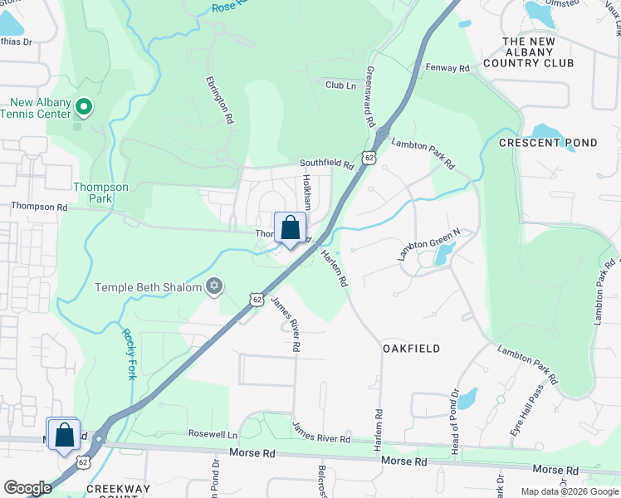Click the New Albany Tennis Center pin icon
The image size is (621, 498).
pos(83,106)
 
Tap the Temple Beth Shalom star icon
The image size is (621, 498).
pos(214,286)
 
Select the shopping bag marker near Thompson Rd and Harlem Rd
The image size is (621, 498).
pos(290,228)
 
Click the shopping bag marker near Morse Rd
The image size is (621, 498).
pos(64,435)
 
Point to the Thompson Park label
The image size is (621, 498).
pos(101,193)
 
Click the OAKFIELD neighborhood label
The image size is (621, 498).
pos(411,349)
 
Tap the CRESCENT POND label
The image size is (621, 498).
pos(548,143)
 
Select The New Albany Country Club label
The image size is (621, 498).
pos(539,52)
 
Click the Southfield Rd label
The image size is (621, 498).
pos(326,164)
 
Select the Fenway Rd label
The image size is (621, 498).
pos(447,67)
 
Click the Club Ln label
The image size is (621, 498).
pos(340,85)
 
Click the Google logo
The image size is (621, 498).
pos(27,487)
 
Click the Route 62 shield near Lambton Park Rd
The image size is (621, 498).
pos(369,156)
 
